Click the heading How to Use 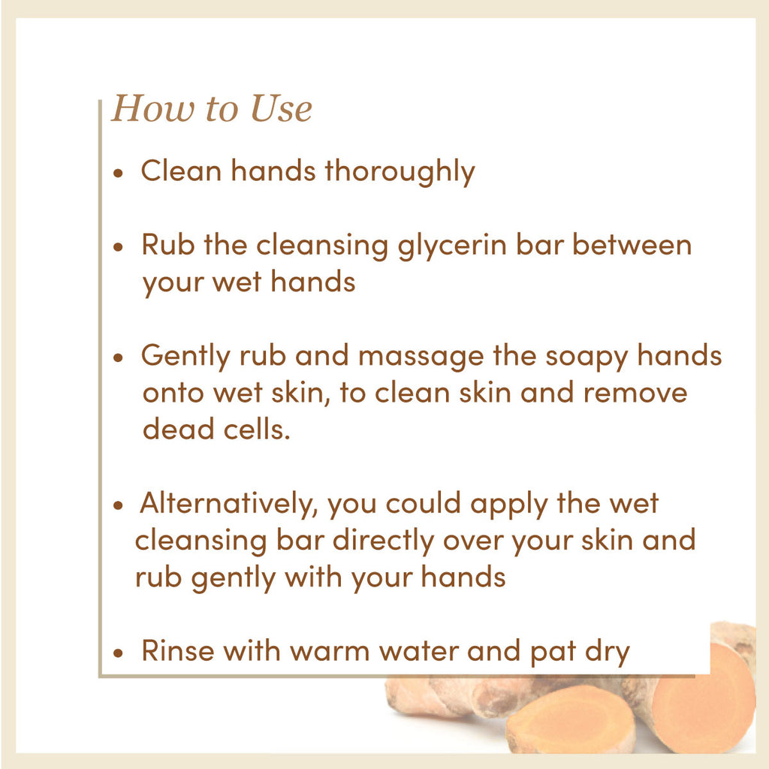point(212,108)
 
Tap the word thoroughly point(400,172)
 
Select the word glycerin point(451,246)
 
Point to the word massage point(421,357)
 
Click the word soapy point(587,357)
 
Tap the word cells point(257,429)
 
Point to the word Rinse point(178,651)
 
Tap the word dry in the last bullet point(607,653)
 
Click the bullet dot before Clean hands point(118,173)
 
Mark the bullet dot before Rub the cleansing point(118,246)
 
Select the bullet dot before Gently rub point(118,357)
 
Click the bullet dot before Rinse point(118,653)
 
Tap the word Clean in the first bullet point(181,170)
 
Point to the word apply point(508,505)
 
